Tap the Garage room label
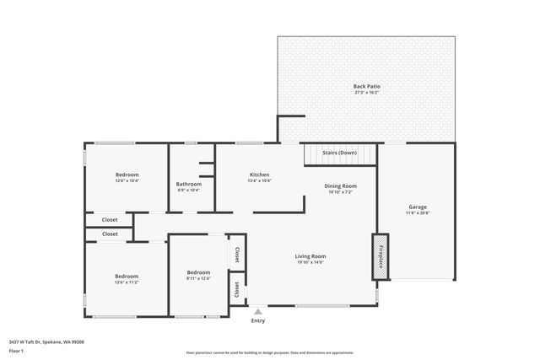click(418, 207)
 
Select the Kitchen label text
click(259, 175)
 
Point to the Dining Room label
click(341, 185)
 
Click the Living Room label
click(310, 256)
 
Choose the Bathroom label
click(188, 184)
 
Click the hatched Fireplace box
click(379, 257)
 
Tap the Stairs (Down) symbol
click(340, 154)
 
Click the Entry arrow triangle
click(258, 311)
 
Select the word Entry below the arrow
click(258, 320)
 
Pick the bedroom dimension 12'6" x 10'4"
click(127, 180)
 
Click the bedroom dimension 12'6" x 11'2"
click(127, 282)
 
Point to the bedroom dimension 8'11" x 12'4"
click(198, 278)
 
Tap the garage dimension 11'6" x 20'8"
click(418, 213)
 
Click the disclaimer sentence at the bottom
click(270, 352)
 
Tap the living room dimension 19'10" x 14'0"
click(310, 262)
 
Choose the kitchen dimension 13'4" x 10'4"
click(259, 180)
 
